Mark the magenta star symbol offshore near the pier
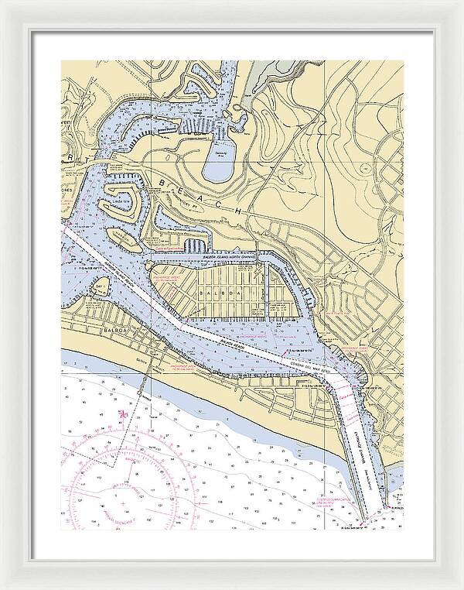122,416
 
